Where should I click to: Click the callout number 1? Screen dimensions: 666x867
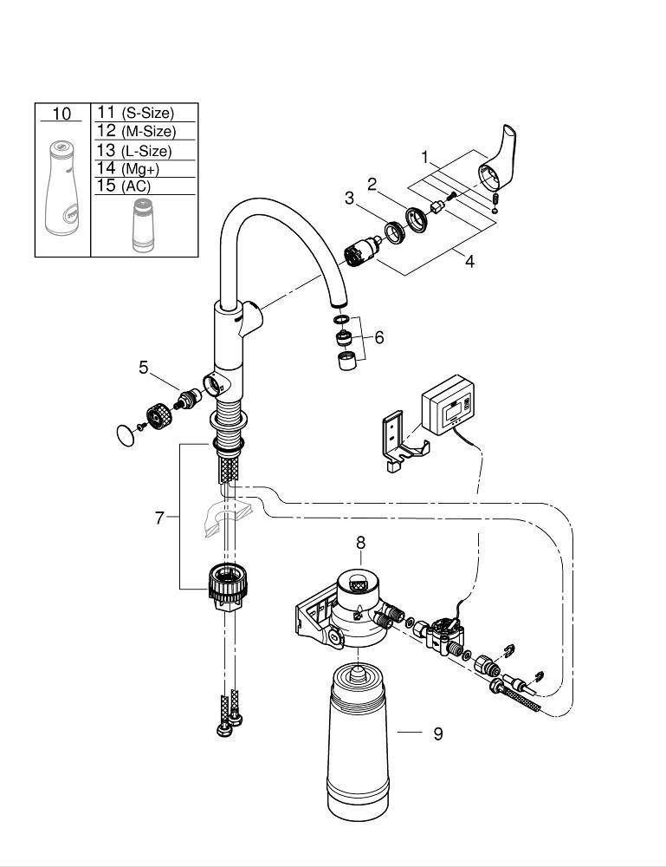click(x=424, y=158)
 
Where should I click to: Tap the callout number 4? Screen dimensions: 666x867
click(x=469, y=262)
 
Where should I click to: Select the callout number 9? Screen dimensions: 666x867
click(x=438, y=733)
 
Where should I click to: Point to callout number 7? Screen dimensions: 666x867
click(x=159, y=518)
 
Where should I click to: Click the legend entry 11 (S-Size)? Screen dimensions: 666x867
click(x=136, y=113)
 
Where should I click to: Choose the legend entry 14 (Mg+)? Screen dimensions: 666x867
click(x=128, y=168)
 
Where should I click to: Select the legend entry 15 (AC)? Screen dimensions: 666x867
click(x=124, y=186)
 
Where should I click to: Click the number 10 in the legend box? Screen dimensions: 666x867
click(x=61, y=114)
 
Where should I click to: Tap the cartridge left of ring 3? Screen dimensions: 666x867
click(x=362, y=251)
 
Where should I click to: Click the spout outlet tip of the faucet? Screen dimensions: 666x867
click(x=339, y=305)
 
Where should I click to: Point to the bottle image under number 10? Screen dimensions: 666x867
click(x=61, y=189)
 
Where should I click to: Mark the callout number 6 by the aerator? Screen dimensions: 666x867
click(x=378, y=337)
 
